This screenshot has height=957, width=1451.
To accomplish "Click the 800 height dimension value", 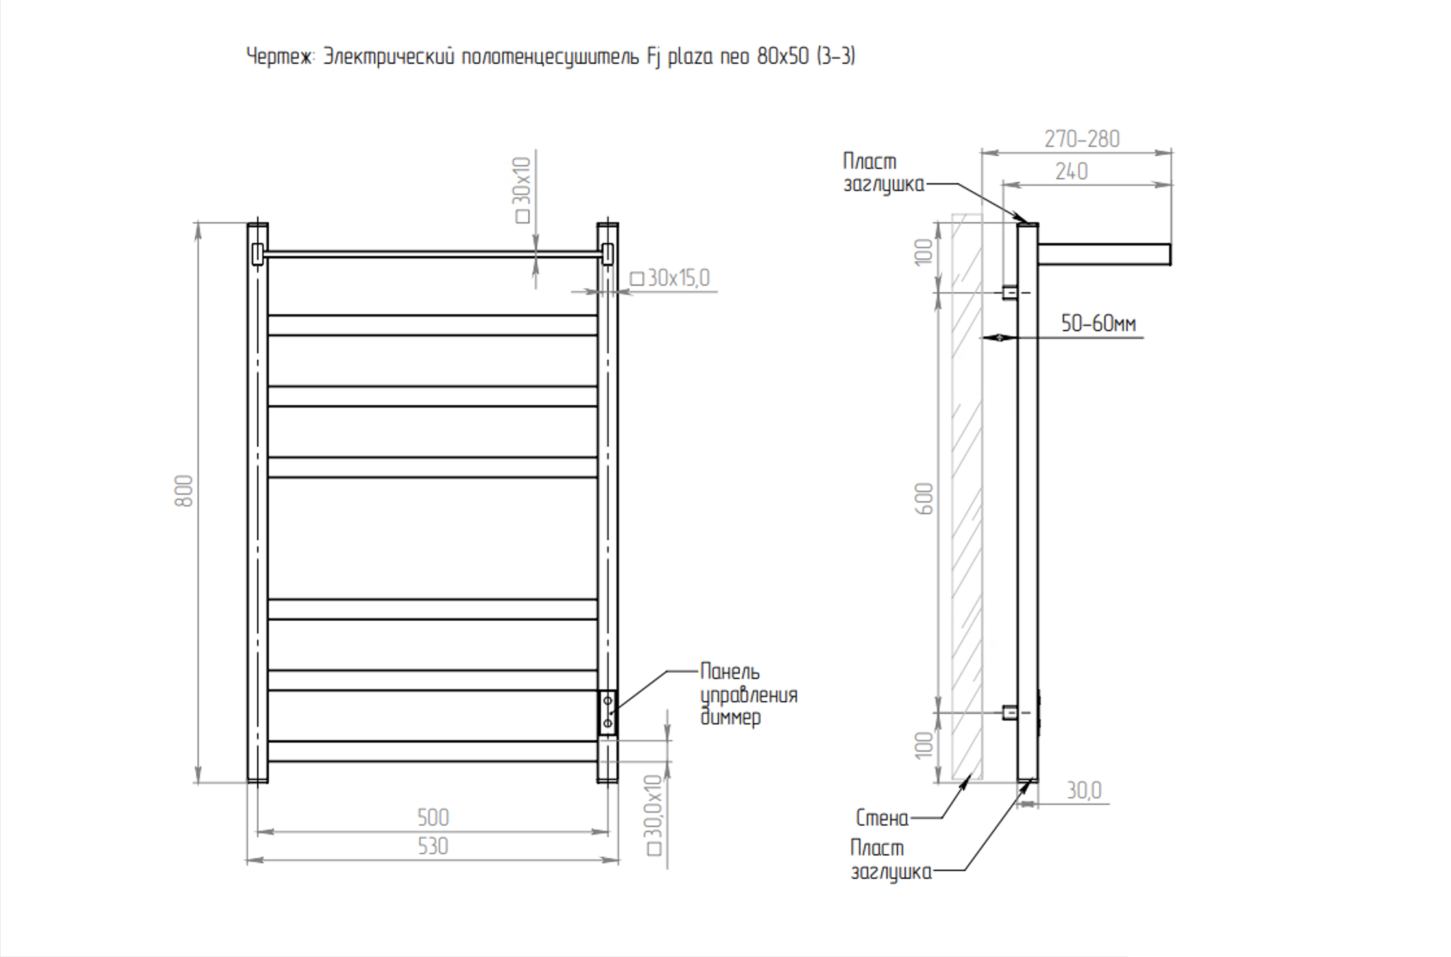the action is point(184,491).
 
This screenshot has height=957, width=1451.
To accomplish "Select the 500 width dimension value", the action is point(433,817).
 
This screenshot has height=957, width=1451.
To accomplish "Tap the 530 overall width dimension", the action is point(433,847).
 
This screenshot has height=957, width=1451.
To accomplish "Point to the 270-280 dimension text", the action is point(1082,139).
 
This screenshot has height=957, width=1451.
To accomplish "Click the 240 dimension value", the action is point(1071,171).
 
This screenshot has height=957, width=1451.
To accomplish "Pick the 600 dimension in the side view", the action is point(925,499).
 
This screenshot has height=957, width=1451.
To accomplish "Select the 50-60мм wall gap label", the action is point(1099,323).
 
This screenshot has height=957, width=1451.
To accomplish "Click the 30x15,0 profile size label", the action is point(670,278).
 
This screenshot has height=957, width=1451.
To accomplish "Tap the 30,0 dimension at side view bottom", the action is point(1084,790).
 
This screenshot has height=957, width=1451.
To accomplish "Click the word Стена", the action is point(882,818).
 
